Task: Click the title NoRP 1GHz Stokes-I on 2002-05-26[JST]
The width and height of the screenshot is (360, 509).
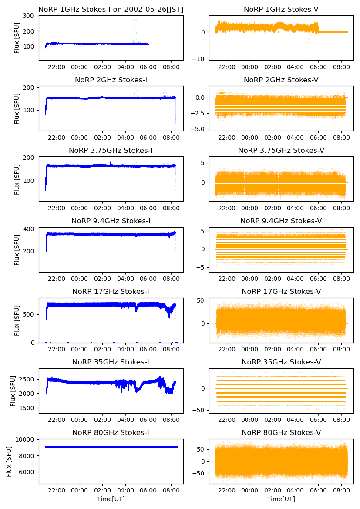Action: pyautogui.click(x=111, y=9)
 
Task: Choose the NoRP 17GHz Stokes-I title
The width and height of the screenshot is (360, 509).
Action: pyautogui.click(x=111, y=291)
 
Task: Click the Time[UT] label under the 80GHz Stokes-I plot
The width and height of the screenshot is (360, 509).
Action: pyautogui.click(x=111, y=499)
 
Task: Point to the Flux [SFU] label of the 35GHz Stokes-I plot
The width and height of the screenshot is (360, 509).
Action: pyautogui.click(x=13, y=391)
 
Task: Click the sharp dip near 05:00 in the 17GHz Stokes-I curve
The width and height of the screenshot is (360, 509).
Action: pyautogui.click(x=137, y=310)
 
